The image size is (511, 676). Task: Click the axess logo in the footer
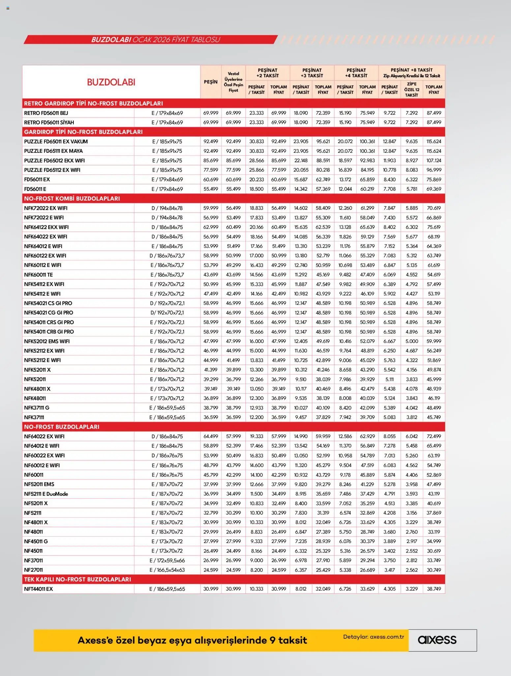437,640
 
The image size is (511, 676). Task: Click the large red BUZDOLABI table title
111,82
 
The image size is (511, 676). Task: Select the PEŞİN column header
211,82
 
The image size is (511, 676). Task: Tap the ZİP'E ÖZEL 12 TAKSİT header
411,89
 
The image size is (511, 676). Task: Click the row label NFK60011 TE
38,274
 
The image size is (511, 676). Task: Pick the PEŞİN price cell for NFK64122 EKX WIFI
211,227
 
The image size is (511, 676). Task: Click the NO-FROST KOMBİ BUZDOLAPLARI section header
72,198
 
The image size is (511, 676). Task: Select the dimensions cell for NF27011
167,570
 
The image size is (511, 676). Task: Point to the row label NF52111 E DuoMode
46,494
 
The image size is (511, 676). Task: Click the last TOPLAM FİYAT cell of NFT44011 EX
434,589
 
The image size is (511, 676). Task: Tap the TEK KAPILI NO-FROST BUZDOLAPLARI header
77,579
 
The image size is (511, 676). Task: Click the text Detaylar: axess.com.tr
373,636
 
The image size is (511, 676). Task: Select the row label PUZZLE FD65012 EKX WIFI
54,160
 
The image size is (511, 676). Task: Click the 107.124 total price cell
434,160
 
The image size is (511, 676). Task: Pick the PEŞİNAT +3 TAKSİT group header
312,73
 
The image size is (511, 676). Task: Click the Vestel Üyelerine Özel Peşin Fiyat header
233,82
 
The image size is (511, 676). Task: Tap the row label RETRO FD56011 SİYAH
49,122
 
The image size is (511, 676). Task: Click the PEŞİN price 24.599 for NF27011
211,570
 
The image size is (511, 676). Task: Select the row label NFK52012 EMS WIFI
47,341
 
